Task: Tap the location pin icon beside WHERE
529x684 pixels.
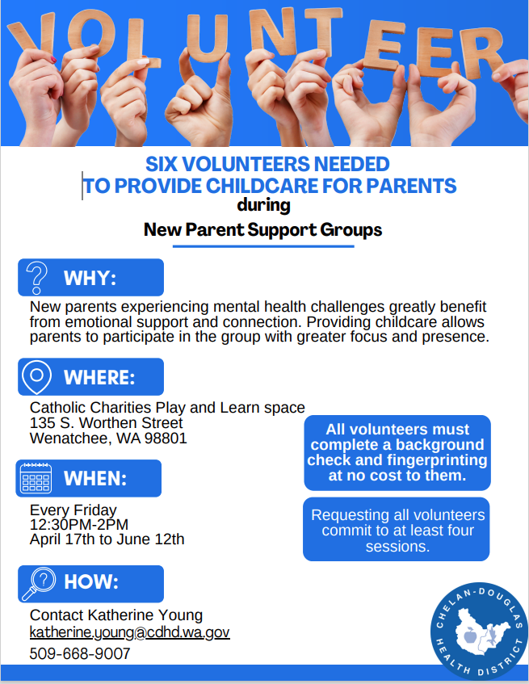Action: [x=37, y=377]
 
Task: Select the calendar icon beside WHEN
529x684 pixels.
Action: [x=36, y=478]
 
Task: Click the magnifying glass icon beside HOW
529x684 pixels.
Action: [x=37, y=582]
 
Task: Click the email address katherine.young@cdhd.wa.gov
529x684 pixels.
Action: [x=130, y=632]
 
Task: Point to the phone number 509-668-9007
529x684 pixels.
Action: [x=80, y=654]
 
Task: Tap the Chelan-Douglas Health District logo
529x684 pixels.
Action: [x=478, y=632]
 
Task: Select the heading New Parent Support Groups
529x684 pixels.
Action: [x=262, y=230]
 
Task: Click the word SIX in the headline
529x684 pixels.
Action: [x=164, y=165]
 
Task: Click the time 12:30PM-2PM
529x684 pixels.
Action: [x=79, y=525]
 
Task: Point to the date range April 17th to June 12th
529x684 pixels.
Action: [x=107, y=539]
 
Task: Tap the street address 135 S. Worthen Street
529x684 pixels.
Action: [x=107, y=423]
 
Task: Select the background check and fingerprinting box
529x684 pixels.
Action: [x=397, y=452]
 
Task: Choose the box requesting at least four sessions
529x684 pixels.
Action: [x=397, y=531]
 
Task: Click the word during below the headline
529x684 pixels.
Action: [x=264, y=205]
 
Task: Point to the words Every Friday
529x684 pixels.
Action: [x=73, y=510]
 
